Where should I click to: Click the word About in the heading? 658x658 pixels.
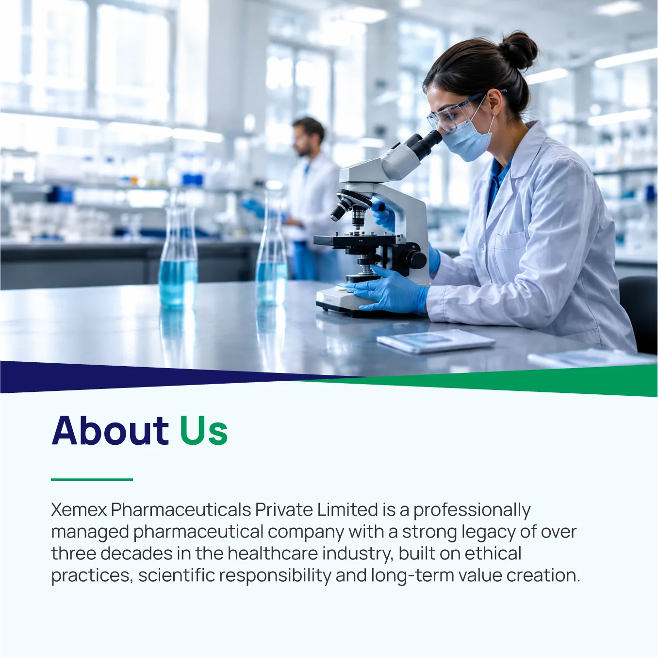(110, 430)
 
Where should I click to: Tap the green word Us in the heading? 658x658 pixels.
(204, 431)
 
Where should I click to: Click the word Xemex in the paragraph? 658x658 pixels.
(79, 510)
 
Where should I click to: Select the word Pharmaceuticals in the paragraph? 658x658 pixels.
(181, 510)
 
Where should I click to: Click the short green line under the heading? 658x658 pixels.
(92, 479)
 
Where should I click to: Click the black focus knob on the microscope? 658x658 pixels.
(415, 259)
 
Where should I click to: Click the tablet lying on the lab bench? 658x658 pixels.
(436, 341)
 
